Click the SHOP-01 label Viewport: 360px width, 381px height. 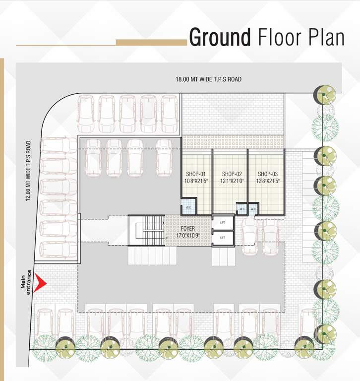196,174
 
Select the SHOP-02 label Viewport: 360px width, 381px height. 232,174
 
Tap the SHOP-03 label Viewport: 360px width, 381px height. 267,174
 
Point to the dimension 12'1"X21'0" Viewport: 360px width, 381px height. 232,182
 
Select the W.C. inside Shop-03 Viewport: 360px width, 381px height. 253,209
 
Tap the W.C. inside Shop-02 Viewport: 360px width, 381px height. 241,209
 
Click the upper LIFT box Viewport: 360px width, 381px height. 222,223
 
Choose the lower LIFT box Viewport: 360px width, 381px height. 222,238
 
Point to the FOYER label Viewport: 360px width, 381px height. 188,229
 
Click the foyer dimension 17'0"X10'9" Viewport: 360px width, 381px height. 188,235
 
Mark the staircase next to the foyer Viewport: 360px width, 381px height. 146,230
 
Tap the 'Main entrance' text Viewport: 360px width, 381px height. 26,282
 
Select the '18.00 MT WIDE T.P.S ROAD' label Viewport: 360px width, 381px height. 208,79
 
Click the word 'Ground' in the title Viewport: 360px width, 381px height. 220,38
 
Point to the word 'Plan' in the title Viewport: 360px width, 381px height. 323,38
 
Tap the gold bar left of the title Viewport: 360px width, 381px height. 151,43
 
